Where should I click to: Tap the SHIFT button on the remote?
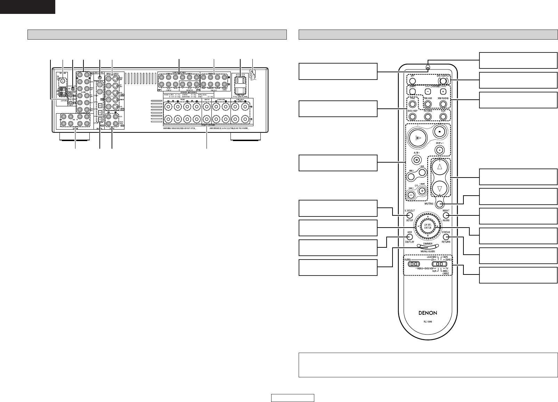point(412,92)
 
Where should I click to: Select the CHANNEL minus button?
point(428,92)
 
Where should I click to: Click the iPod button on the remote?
point(412,104)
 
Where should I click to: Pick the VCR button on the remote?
point(443,117)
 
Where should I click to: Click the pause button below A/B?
point(416,160)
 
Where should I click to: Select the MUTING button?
point(440,204)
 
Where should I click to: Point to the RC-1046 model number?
point(428,321)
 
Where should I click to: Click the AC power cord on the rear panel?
point(253,74)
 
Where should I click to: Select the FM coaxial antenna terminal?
point(63,81)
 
